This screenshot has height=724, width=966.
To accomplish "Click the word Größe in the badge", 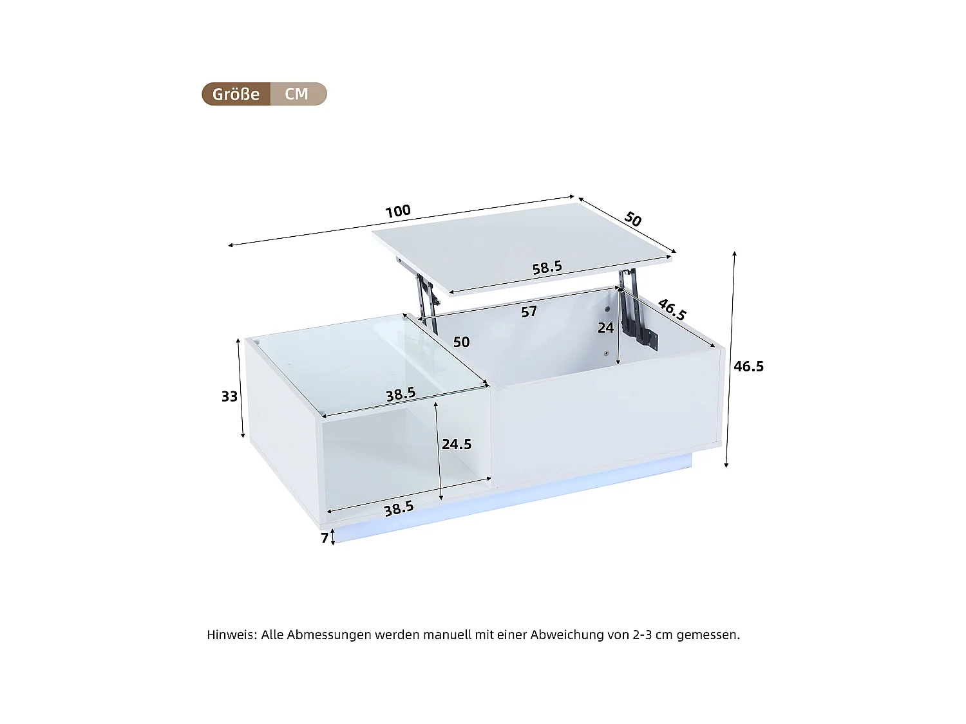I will (236, 94).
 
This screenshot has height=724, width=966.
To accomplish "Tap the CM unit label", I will (297, 94).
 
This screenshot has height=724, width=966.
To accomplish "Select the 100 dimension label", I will (398, 211).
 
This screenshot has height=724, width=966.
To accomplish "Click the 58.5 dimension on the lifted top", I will (547, 267).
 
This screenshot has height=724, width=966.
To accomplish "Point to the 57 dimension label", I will (529, 312).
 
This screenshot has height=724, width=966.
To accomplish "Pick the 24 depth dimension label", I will (605, 328).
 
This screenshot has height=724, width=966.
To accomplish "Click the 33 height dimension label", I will (229, 396).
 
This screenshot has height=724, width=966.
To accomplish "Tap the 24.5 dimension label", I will (457, 444).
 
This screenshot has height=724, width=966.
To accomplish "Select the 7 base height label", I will (325, 538).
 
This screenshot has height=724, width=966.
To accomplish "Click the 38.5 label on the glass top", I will (401, 394).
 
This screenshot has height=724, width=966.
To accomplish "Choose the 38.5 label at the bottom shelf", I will (399, 509).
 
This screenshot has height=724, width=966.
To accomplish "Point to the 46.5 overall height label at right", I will (748, 366).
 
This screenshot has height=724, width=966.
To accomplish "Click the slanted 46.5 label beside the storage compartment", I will (672, 310).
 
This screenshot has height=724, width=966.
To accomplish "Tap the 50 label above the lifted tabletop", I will (633, 219).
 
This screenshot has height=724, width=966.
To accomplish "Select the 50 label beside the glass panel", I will (461, 342).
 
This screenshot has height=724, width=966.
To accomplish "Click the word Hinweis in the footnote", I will (231, 635).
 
